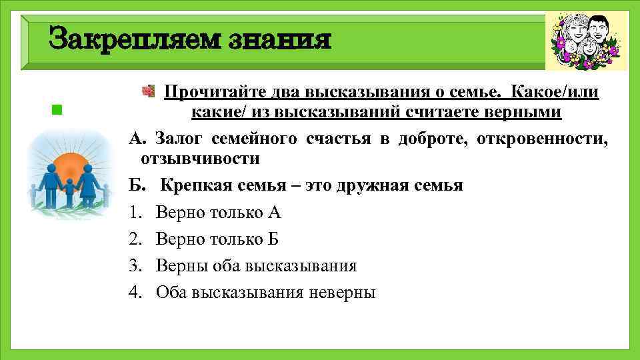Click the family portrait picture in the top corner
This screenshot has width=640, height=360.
tap(586, 41)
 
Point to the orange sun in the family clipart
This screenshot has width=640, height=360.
tap(69, 167)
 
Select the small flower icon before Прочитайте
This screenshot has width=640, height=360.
tap(150, 91)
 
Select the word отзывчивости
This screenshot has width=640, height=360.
tap(199, 159)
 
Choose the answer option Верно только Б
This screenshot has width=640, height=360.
tap(217, 239)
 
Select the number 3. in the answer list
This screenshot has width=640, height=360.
tap(136, 266)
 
